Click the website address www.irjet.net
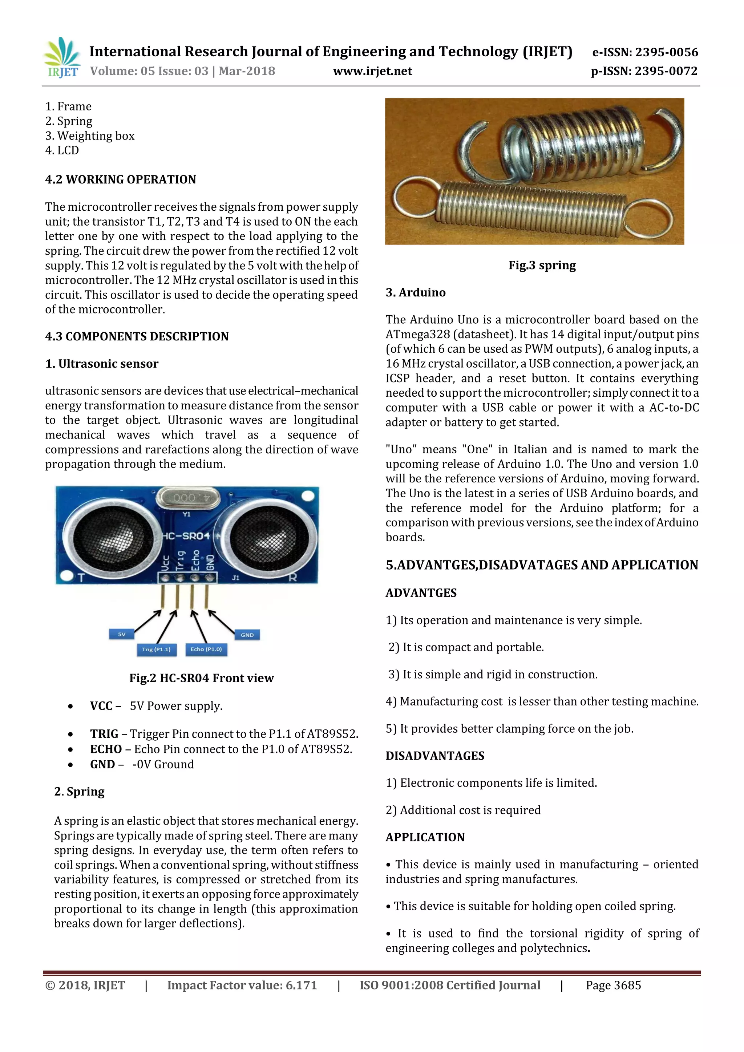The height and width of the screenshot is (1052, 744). pyautogui.click(x=372, y=71)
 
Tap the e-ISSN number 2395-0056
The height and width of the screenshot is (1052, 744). pyautogui.click(x=666, y=52)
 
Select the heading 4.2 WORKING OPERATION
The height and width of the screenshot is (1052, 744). pyautogui.click(x=121, y=179)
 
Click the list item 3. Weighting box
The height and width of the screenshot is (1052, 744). pyautogui.click(x=90, y=135)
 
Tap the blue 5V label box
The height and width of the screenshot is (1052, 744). pyautogui.click(x=121, y=634)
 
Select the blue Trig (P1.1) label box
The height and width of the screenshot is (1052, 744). pyautogui.click(x=156, y=649)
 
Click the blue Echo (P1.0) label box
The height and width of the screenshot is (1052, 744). pyautogui.click(x=206, y=649)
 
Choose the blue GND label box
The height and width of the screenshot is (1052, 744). pyautogui.click(x=247, y=635)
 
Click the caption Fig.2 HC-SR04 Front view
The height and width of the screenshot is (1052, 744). pyautogui.click(x=202, y=678)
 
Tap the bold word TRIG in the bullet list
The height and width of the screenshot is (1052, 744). pyautogui.click(x=105, y=733)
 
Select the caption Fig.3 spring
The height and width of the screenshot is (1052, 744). pyautogui.click(x=542, y=265)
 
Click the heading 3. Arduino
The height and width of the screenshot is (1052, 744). pyautogui.click(x=416, y=292)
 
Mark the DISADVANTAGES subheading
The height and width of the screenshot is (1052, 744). pyautogui.click(x=435, y=756)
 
